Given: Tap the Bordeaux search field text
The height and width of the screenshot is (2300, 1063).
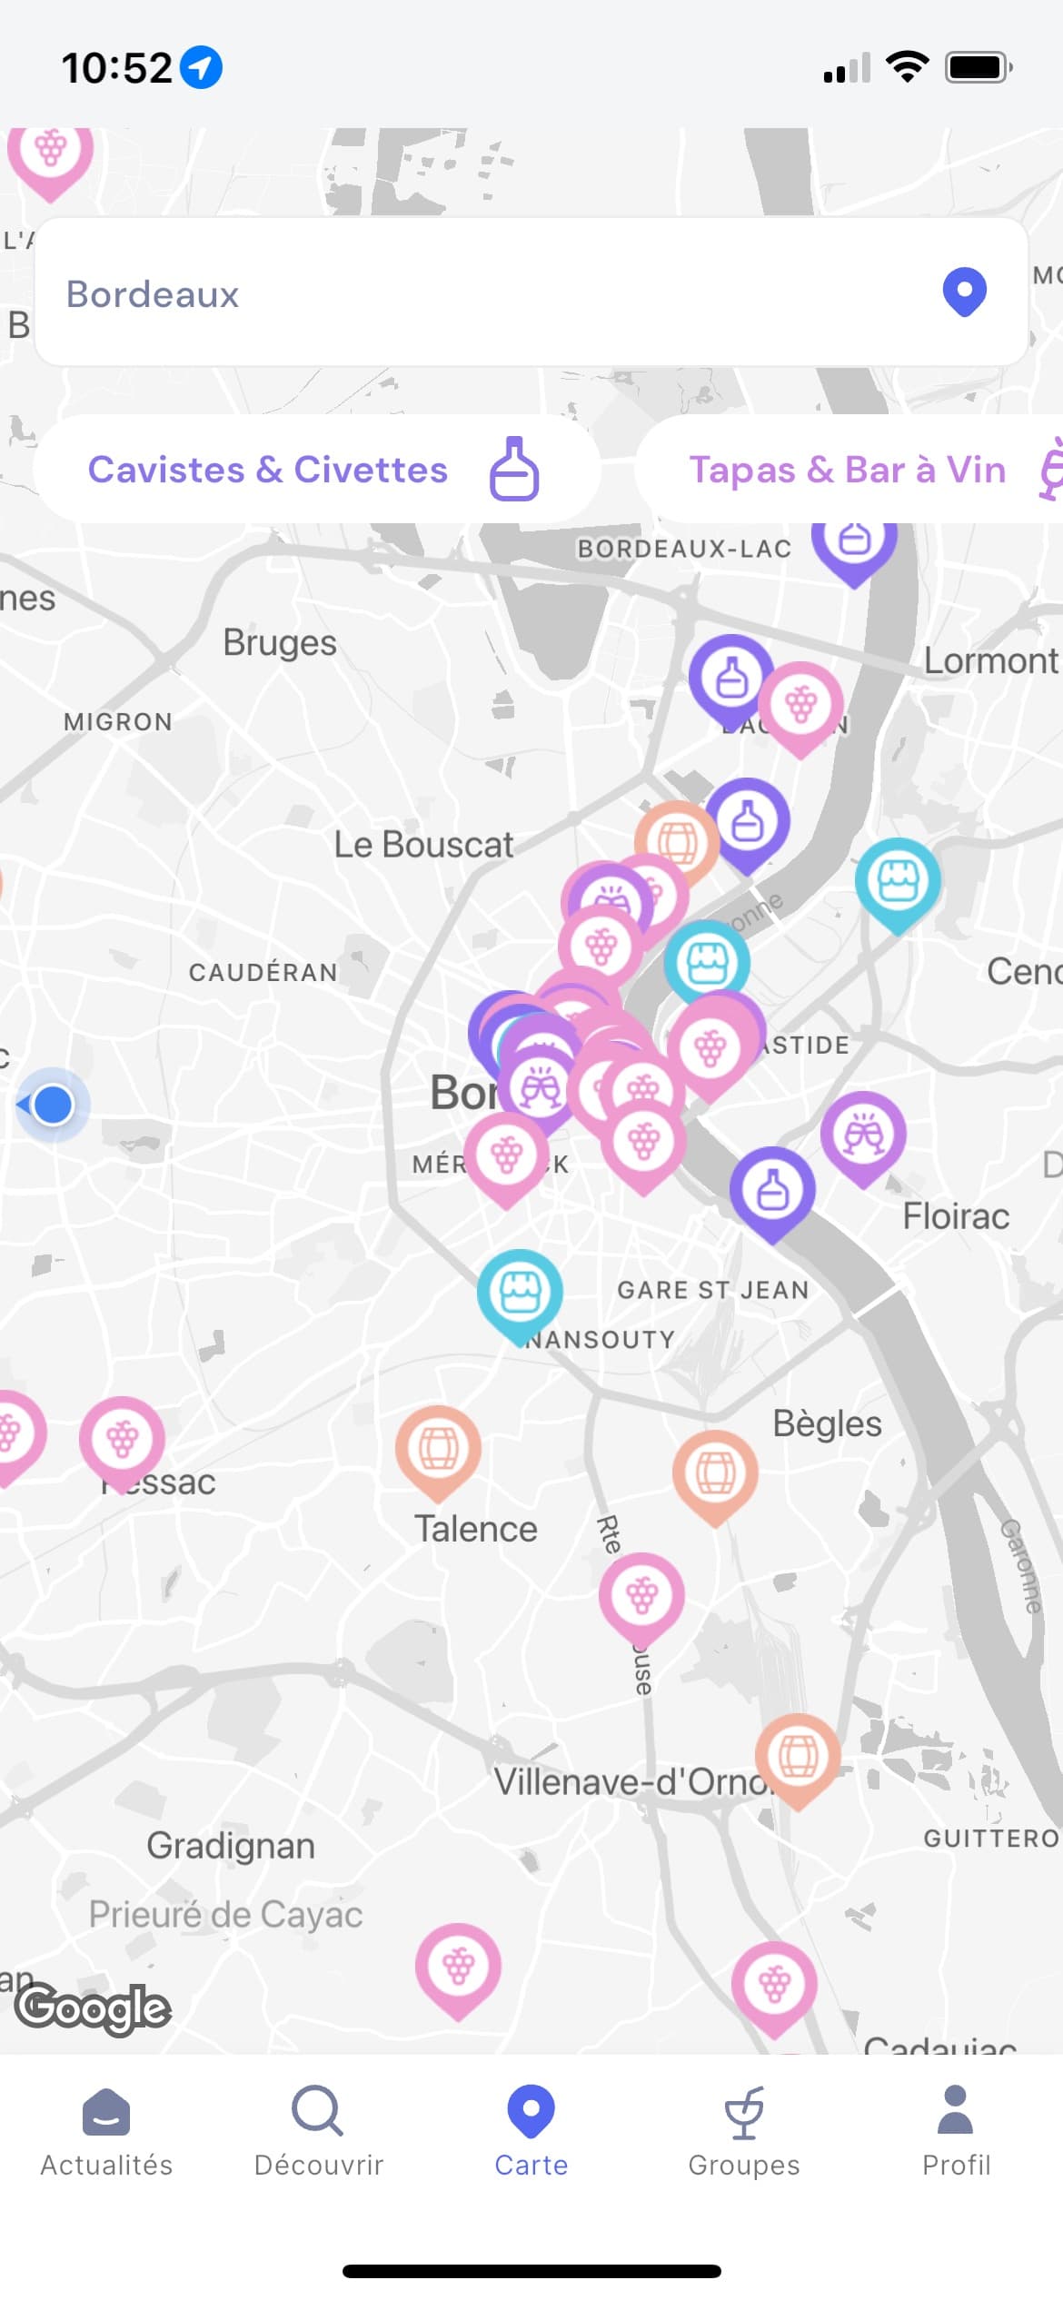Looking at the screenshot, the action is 153,294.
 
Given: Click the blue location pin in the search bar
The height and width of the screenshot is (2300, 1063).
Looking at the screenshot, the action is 964,292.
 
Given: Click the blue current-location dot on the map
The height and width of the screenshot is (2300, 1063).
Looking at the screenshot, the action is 53,1105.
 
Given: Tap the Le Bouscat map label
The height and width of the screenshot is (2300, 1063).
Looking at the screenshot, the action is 423,845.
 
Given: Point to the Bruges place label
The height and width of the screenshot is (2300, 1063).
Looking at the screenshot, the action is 280,643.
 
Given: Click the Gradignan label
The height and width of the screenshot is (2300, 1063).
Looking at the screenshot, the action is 231,1846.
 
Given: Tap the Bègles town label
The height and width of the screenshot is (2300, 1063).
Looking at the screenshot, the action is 827,1423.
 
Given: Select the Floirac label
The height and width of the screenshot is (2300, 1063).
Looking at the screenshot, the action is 956,1216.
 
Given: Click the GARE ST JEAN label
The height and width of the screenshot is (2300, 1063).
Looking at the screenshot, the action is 713,1290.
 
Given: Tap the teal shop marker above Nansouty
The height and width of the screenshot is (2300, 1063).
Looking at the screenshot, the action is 520,1291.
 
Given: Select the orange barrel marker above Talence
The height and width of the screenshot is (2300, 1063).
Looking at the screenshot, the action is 438,1447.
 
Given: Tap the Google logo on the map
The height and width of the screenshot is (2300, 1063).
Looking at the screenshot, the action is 93,2008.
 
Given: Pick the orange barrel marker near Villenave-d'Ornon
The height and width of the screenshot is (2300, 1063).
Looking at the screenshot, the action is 798,1755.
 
